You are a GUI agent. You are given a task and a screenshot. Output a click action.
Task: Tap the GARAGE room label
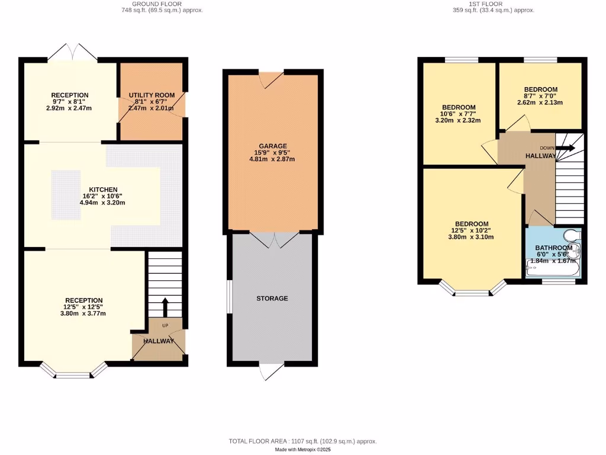point(272,146)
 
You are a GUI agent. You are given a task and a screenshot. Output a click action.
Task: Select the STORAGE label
point(272,298)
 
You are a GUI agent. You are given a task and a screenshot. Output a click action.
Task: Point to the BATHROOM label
point(553,248)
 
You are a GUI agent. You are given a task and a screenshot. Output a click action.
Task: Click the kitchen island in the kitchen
point(66,188)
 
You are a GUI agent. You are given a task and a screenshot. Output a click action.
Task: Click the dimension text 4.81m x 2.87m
point(272,159)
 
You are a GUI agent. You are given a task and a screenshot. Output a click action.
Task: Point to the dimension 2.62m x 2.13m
point(540,102)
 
